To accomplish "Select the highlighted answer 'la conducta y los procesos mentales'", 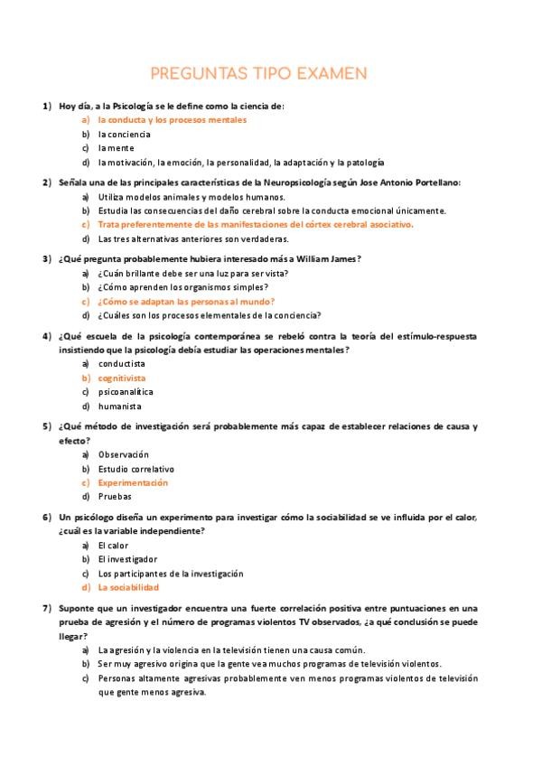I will (x=172, y=119).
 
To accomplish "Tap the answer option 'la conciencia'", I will (x=125, y=134).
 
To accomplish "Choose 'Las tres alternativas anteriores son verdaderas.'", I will (x=193, y=238).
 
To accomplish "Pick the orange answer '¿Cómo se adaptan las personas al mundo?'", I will (x=186, y=302).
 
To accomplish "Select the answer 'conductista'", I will (x=122, y=364).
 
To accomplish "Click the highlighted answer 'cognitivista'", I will (x=122, y=378).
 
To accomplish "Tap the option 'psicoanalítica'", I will (x=126, y=392).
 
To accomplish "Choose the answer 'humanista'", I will (x=121, y=406).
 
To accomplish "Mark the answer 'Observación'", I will (x=124, y=454).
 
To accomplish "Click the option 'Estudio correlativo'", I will (x=136, y=469).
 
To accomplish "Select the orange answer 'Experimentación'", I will (x=134, y=482).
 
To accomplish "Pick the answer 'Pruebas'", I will (x=115, y=496).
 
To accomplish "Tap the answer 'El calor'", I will (x=113, y=546).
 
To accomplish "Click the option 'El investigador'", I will (x=127, y=559).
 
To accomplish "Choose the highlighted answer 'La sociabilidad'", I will (x=135, y=587).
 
